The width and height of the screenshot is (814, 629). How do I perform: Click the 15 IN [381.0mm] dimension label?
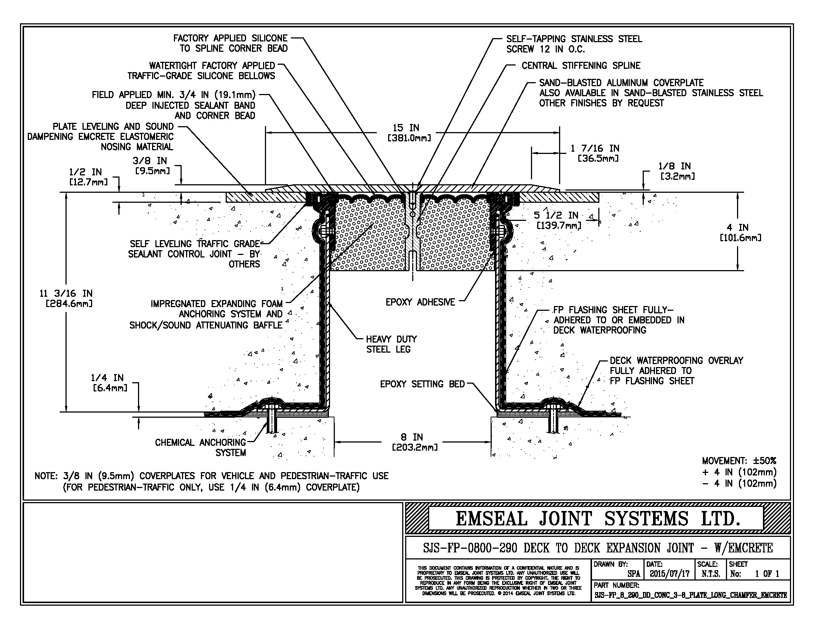(x=409, y=133)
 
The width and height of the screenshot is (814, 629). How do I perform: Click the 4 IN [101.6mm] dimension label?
(x=740, y=232)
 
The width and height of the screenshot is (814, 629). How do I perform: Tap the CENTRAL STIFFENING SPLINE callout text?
(x=581, y=66)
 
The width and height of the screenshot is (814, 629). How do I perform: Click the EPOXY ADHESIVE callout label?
(x=420, y=302)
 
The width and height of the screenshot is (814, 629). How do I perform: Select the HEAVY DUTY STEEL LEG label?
(x=391, y=344)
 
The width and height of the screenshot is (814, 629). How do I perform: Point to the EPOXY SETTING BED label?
(x=422, y=384)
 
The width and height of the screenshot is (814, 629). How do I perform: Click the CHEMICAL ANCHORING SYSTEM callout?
(x=201, y=447)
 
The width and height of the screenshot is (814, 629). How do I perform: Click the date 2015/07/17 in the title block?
(x=669, y=573)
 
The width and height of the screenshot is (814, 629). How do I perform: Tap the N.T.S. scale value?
(x=710, y=573)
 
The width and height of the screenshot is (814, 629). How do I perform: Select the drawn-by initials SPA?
(x=633, y=574)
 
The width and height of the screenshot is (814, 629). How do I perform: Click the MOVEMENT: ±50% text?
(x=739, y=461)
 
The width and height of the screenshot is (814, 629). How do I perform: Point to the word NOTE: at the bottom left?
(x=46, y=476)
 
